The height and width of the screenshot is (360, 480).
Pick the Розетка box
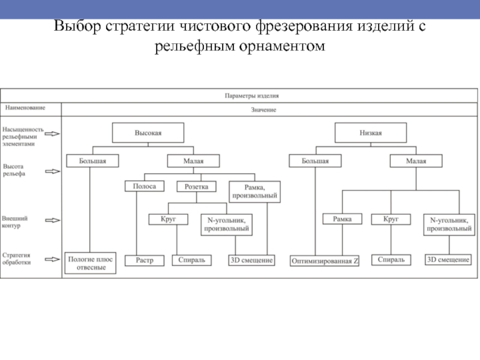(196, 187)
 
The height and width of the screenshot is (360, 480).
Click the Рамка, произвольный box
(255, 191)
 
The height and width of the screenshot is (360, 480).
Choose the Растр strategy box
(144, 260)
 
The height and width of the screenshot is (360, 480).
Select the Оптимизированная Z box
(325, 261)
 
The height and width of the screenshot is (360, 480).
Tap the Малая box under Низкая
(416, 161)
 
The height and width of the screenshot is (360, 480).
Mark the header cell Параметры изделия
(251, 95)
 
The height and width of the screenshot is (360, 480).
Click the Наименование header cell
(25, 108)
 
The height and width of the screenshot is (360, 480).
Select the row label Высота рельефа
(14, 169)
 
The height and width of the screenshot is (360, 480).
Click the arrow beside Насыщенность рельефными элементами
(53, 136)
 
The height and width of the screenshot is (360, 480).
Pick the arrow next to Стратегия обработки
(53, 259)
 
